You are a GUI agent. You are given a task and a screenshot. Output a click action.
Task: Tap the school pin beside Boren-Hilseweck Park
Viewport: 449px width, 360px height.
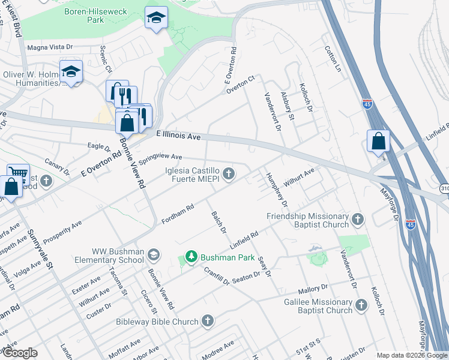click(x=156, y=19)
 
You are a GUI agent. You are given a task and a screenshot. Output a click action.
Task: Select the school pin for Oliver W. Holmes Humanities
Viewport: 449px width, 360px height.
click(x=71, y=71)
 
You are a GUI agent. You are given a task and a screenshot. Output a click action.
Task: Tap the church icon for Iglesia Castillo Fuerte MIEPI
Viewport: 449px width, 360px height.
click(x=228, y=174)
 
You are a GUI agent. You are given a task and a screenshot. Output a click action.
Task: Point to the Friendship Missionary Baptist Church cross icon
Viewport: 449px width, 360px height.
click(x=358, y=220)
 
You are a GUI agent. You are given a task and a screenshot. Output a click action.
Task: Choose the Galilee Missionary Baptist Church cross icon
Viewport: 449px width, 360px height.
click(x=361, y=305)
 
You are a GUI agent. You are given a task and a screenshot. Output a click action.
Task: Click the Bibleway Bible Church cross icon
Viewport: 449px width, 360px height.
click(x=208, y=321)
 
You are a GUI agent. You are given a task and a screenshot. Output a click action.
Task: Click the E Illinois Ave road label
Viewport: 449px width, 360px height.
click(x=178, y=136)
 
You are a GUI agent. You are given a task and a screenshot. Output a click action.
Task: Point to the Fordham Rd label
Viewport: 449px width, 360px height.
click(x=178, y=214)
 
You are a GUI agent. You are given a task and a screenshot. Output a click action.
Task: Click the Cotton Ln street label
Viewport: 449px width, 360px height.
click(x=332, y=60)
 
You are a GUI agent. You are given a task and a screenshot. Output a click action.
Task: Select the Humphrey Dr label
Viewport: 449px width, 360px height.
click(x=277, y=191)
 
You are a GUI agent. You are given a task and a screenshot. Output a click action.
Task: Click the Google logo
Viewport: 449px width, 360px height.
click(x=20, y=353)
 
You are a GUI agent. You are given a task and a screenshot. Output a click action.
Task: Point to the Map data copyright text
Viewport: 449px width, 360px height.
click(x=411, y=355)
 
